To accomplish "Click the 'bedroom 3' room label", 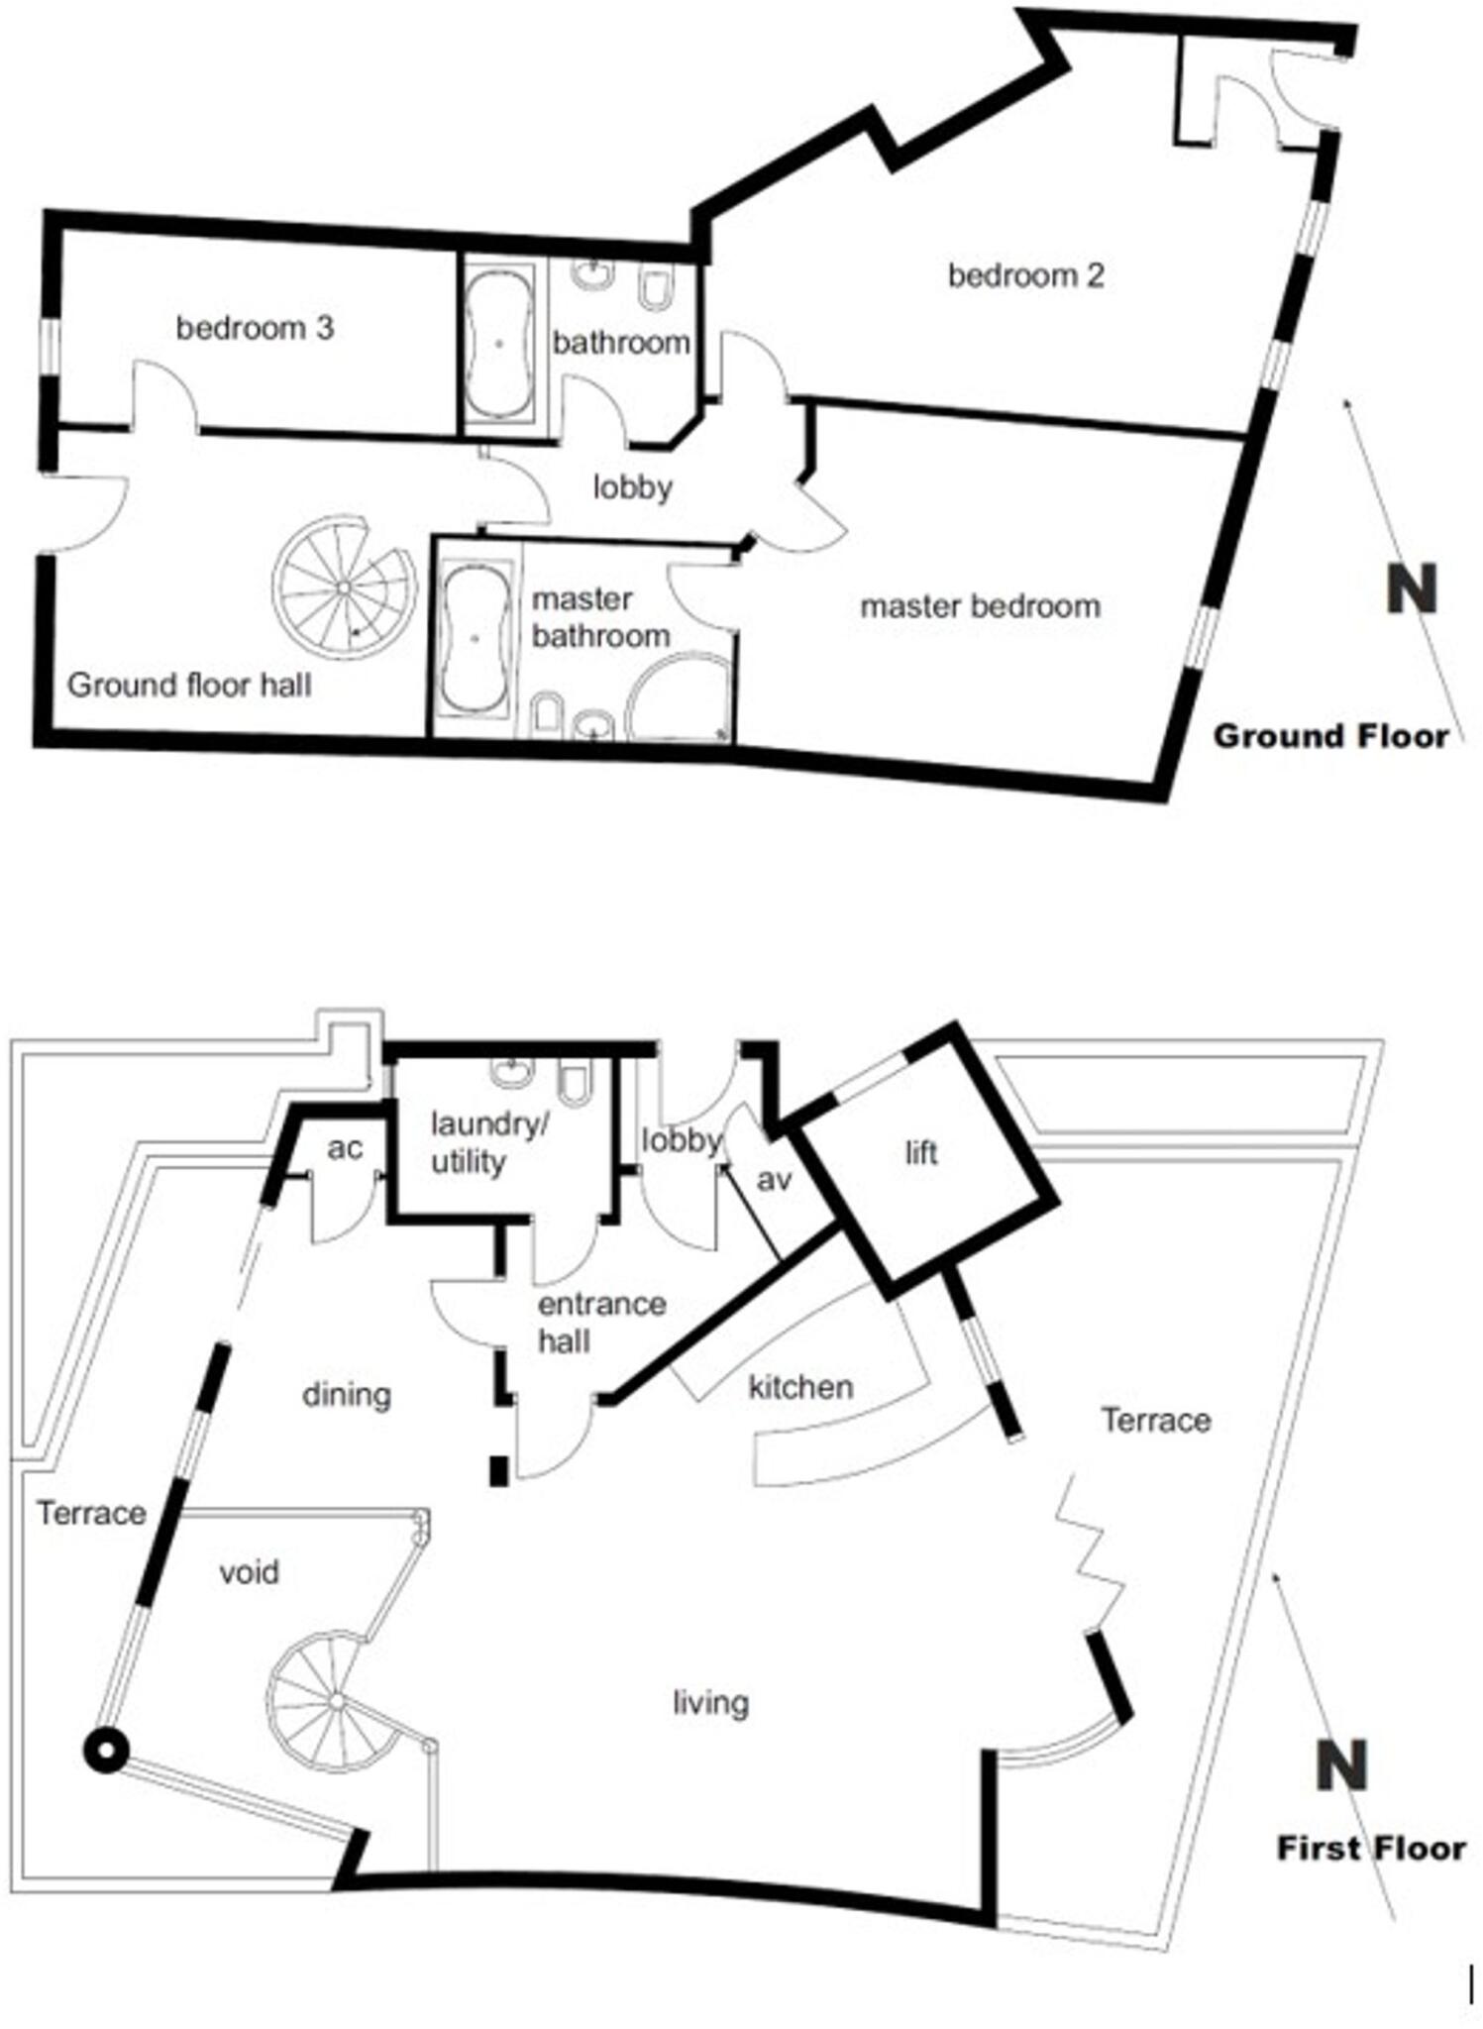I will pyautogui.click(x=255, y=328).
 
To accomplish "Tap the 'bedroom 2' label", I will pyautogui.click(x=1025, y=275).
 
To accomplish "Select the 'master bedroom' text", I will pyautogui.click(x=980, y=606).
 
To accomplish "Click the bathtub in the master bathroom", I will pyautogui.click(x=476, y=639).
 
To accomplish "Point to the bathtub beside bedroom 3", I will pyautogui.click(x=498, y=342).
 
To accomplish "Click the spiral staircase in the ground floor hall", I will pyautogui.click(x=343, y=587).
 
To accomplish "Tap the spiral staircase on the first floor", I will pyautogui.click(x=335, y=1702).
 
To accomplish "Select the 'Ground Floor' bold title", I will pyautogui.click(x=1330, y=736).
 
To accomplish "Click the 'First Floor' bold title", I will pyautogui.click(x=1370, y=1848).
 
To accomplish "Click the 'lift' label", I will pyautogui.click(x=920, y=1152).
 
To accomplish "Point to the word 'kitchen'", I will pyautogui.click(x=800, y=1386).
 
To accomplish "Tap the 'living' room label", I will pyautogui.click(x=710, y=1703).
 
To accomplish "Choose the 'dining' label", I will pyautogui.click(x=346, y=1395).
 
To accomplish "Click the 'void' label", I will pyautogui.click(x=249, y=1572).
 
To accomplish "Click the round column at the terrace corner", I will pyautogui.click(x=105, y=1752).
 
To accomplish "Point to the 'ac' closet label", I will pyautogui.click(x=345, y=1148).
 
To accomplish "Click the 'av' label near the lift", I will pyautogui.click(x=774, y=1179).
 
